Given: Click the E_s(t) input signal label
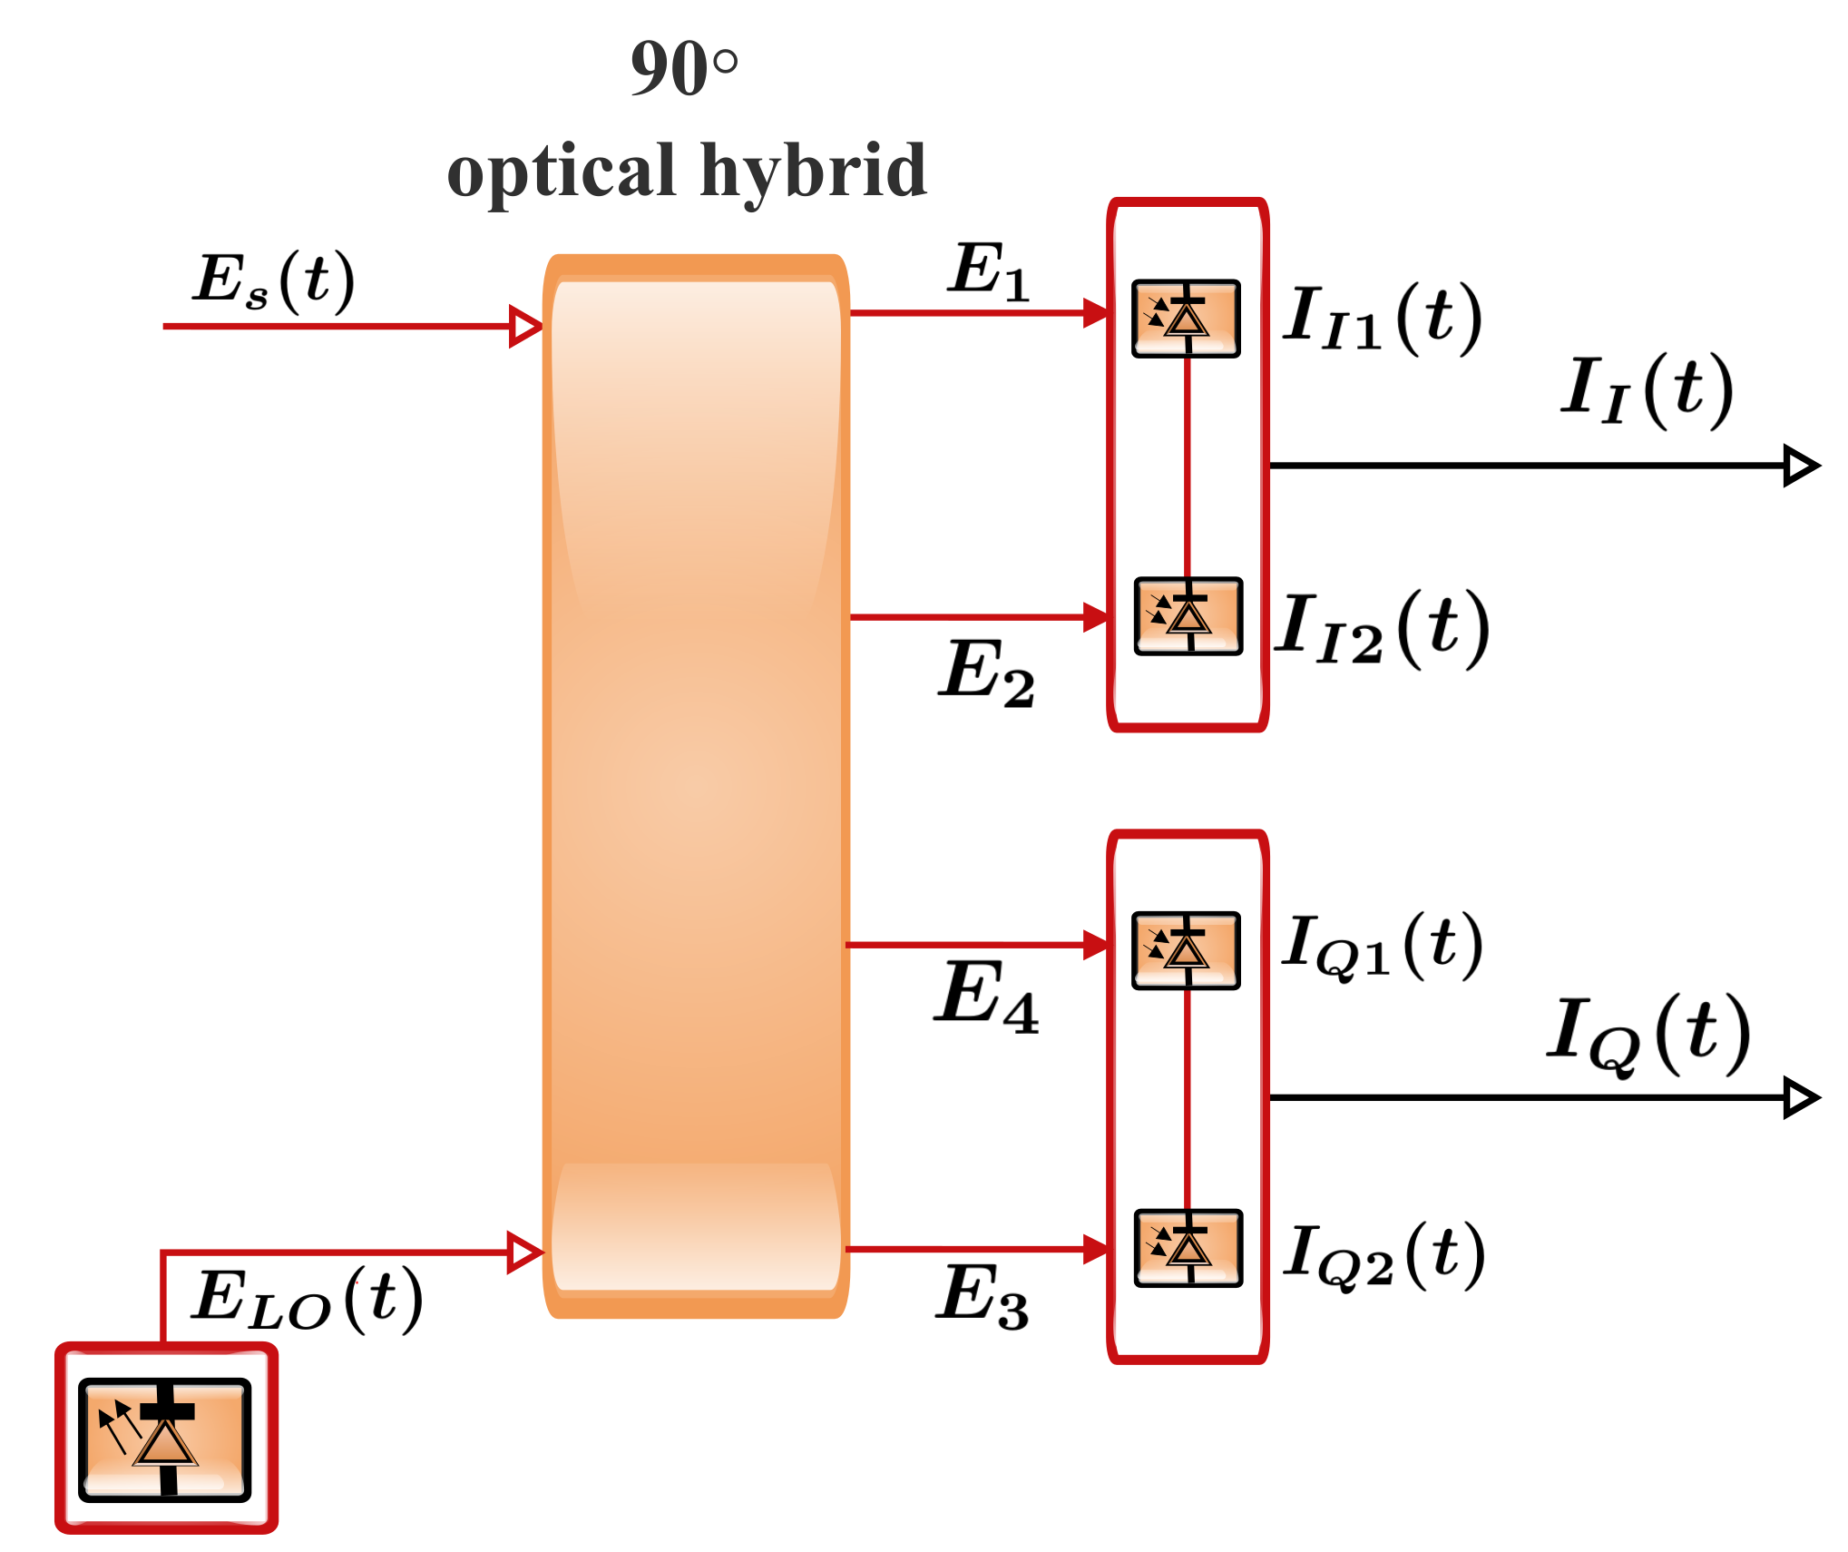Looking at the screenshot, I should pyautogui.click(x=273, y=281).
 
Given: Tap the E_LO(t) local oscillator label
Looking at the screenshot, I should pyautogui.click(x=307, y=1300).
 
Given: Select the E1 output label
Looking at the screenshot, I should pyautogui.click(x=989, y=271).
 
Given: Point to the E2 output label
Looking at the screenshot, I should pyautogui.click(x=986, y=673).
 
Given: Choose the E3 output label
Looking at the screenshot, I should pyautogui.click(x=983, y=1296).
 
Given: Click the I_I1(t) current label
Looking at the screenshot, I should pyautogui.click(x=1382, y=319).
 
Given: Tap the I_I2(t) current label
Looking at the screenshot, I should pyautogui.click(x=1382, y=629).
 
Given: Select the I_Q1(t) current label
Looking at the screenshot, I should pyautogui.click(x=1382, y=947).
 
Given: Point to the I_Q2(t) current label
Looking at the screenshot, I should pyautogui.click(x=1384, y=1256).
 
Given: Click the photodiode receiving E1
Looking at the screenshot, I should pyautogui.click(x=1186, y=319).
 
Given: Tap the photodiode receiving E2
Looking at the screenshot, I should pyautogui.click(x=1188, y=616).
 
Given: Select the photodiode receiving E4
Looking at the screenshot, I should pyautogui.click(x=1186, y=950).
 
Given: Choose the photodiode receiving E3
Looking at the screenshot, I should pyautogui.click(x=1188, y=1248).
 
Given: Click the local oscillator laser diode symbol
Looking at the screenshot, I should pyautogui.click(x=165, y=1439).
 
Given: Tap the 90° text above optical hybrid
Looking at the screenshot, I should pyautogui.click(x=684, y=68).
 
